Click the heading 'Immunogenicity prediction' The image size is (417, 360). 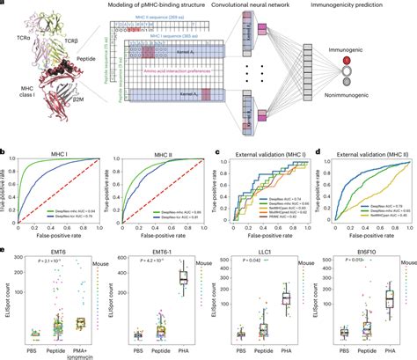pyautogui.click(x=361, y=7)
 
